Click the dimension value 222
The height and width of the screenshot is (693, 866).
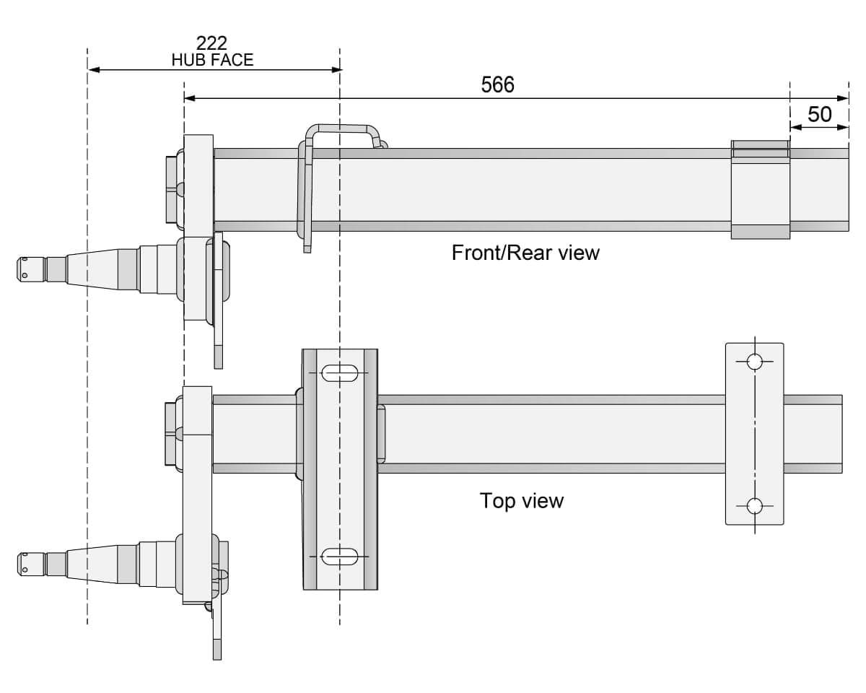[211, 43]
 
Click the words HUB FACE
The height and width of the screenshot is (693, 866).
[212, 60]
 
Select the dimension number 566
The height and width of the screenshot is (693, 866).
[497, 84]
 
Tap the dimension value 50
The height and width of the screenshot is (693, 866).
[819, 114]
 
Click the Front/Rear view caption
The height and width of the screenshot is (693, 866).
[525, 253]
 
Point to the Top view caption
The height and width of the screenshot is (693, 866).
[521, 500]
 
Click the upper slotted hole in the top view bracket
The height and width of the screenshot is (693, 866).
[338, 373]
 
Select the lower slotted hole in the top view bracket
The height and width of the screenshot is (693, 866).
[338, 556]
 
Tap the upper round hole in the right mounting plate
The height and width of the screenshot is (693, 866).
[754, 361]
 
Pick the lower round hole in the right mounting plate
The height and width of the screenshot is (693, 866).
[754, 506]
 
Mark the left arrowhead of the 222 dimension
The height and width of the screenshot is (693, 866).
[93, 70]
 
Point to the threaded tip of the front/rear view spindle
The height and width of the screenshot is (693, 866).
[30, 267]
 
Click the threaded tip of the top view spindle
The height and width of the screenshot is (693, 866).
[30, 563]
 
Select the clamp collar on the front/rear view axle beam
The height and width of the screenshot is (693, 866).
[760, 189]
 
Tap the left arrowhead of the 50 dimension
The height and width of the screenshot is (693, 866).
[795, 127]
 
